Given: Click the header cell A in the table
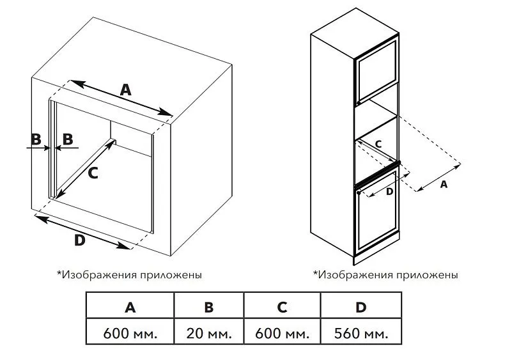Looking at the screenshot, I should pos(130,307).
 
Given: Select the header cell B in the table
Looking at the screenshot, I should pos(208,307).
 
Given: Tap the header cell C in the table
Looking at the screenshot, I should pos(282,307).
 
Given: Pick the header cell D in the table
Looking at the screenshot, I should pos(361,307).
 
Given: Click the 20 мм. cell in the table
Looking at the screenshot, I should pos(208,333).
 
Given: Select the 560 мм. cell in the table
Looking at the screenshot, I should pos(361,333).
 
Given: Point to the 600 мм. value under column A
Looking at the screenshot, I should pos(130,333).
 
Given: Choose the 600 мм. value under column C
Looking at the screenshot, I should pos(282,333).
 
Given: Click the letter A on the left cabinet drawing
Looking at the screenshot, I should pos(125,90).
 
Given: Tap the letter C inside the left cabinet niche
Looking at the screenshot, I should pos(93,172).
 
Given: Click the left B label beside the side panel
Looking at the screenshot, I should pos(36,138).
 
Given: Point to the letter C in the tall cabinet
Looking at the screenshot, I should pos(378,145).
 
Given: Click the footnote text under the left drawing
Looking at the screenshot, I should pos(130,274).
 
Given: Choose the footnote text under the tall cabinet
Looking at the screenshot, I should pos(385,274).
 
